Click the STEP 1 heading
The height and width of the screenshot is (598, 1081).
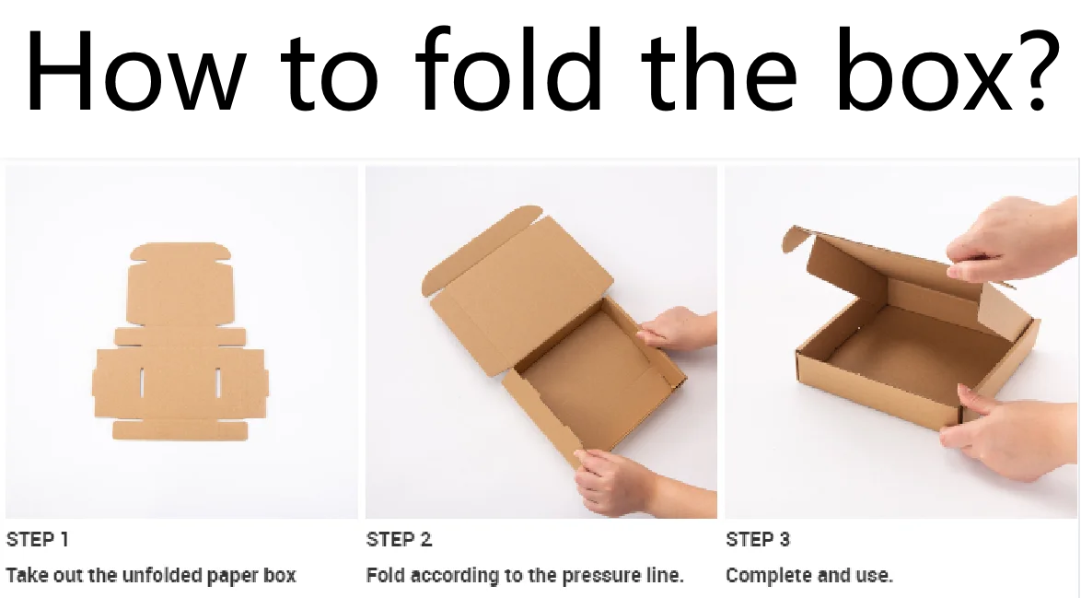[x=38, y=540]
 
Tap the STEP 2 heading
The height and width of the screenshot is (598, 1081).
[x=399, y=540]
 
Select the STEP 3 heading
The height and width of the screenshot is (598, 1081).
[x=758, y=540]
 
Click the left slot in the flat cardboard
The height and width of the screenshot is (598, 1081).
[x=143, y=382]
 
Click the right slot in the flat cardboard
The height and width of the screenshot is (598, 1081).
[x=219, y=382]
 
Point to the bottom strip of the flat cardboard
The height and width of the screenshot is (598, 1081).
[x=180, y=430]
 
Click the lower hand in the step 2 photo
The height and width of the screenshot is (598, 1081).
[x=617, y=479]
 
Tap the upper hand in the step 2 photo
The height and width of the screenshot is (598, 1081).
[x=677, y=329]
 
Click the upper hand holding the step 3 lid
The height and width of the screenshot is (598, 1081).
[x=1008, y=240]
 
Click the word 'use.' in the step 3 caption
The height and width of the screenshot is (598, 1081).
[x=877, y=576]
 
